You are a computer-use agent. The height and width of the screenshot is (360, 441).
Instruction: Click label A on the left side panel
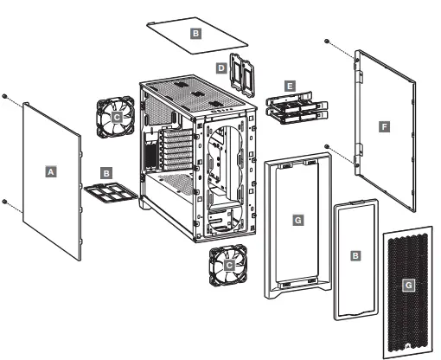pos(51,172)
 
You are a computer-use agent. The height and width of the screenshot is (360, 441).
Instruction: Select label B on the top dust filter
pos(195,32)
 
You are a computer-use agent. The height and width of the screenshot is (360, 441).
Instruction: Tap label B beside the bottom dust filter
pos(106,173)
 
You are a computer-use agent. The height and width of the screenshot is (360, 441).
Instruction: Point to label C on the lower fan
pos(229,267)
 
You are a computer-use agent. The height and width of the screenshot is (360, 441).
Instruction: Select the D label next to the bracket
pos(221,67)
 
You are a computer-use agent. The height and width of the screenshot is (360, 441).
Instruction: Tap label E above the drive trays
pos(289,86)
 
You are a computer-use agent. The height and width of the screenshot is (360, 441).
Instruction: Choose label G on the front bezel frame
pos(298,222)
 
